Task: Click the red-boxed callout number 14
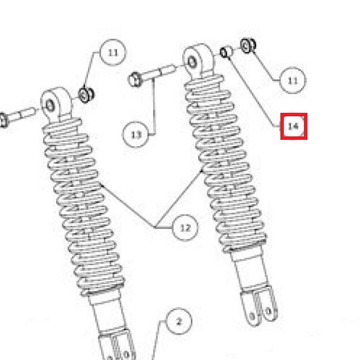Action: coord(293,126)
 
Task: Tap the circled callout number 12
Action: coord(185,226)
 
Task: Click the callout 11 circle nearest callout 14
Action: coord(292,81)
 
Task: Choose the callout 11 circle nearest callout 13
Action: coord(113,52)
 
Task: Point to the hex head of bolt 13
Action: coord(135,80)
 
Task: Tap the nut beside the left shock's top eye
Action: coord(87,93)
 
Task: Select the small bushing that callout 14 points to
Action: coord(226,52)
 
